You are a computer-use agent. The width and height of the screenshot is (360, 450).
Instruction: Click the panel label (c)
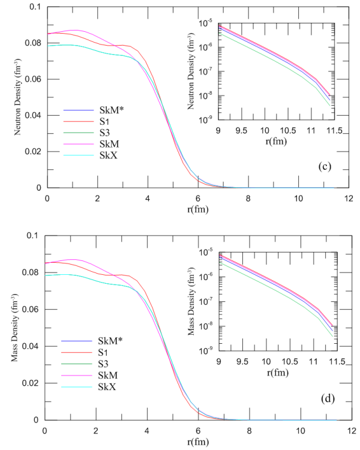tap(326, 166)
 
